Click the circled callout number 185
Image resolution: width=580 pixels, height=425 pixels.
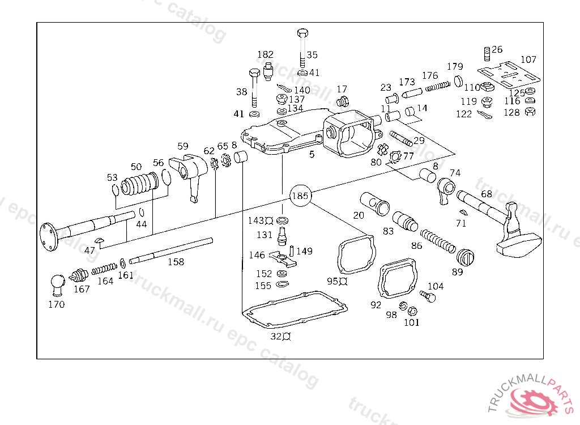[x=300, y=195]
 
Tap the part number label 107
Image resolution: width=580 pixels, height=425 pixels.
[x=528, y=59]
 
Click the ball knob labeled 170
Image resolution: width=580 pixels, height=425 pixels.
[x=57, y=284]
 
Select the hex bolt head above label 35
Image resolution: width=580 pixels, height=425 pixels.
[x=303, y=33]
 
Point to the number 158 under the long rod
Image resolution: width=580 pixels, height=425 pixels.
[x=176, y=262]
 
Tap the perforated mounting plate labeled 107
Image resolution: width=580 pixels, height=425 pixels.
[x=508, y=75]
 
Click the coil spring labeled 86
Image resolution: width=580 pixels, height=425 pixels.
[x=438, y=241]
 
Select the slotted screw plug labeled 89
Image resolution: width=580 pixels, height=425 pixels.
[x=465, y=257]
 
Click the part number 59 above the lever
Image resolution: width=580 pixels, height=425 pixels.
[x=183, y=146]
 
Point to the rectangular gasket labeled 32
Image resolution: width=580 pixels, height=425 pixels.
[x=295, y=309]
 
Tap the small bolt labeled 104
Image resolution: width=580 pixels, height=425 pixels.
[x=428, y=296]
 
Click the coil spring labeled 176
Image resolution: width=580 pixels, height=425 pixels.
[x=438, y=86]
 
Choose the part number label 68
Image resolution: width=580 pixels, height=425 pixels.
[x=487, y=194]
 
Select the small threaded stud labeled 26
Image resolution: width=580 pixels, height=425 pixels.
[x=487, y=54]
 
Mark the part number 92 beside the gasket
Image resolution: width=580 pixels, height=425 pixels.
[x=376, y=305]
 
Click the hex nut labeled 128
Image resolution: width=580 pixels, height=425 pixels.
[x=530, y=111]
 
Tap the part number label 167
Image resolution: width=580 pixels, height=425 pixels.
[x=82, y=289]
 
